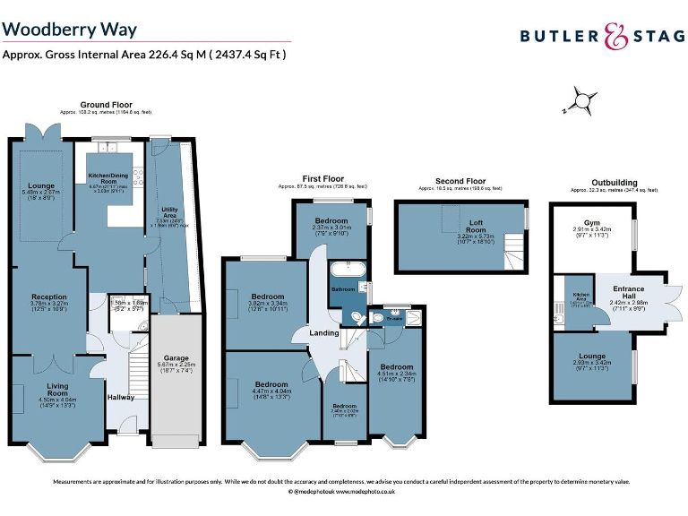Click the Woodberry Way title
[x=70, y=30]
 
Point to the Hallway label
[x=121, y=397]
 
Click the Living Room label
[x=57, y=389]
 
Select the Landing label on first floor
[x=324, y=333]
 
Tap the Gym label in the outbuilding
[x=592, y=222]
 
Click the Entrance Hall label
[x=629, y=292]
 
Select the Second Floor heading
[x=460, y=181]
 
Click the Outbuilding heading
[x=614, y=182]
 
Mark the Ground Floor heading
[x=106, y=105]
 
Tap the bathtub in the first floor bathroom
[x=345, y=270]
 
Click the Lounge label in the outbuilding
[x=592, y=357]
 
